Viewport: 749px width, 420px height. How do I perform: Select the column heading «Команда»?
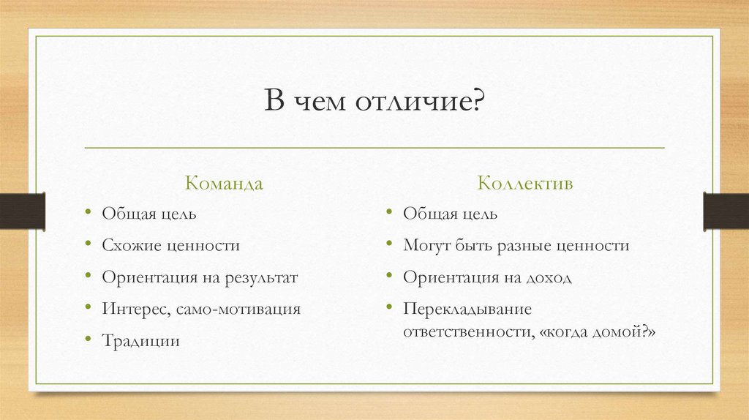pyautogui.click(x=224, y=183)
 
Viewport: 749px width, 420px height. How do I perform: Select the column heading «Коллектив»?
pyautogui.click(x=525, y=183)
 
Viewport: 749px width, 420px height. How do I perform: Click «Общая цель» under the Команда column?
pyautogui.click(x=149, y=214)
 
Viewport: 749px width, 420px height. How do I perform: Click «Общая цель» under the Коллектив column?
pyautogui.click(x=451, y=214)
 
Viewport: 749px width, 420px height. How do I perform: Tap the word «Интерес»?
pyautogui.click(x=136, y=310)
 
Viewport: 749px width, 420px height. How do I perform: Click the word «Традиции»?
pyautogui.click(x=140, y=341)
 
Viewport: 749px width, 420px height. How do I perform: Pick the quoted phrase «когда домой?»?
pyautogui.click(x=595, y=331)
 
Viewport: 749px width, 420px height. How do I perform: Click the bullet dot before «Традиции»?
pyautogui.click(x=88, y=340)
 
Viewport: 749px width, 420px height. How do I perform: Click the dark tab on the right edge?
pyautogui.click(x=726, y=211)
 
